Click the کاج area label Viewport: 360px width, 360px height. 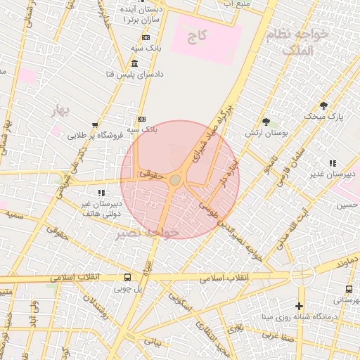(197, 34)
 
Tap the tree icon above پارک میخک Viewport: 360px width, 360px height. (323, 105)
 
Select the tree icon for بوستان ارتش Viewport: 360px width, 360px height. (265, 122)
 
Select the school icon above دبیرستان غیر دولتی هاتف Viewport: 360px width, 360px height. (101, 193)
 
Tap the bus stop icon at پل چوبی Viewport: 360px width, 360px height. (127, 277)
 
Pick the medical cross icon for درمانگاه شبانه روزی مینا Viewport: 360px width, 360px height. (300, 306)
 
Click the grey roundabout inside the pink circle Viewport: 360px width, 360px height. (175, 181)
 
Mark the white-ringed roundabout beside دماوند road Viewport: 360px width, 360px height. (302, 275)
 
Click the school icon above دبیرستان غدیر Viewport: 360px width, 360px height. (333, 163)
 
